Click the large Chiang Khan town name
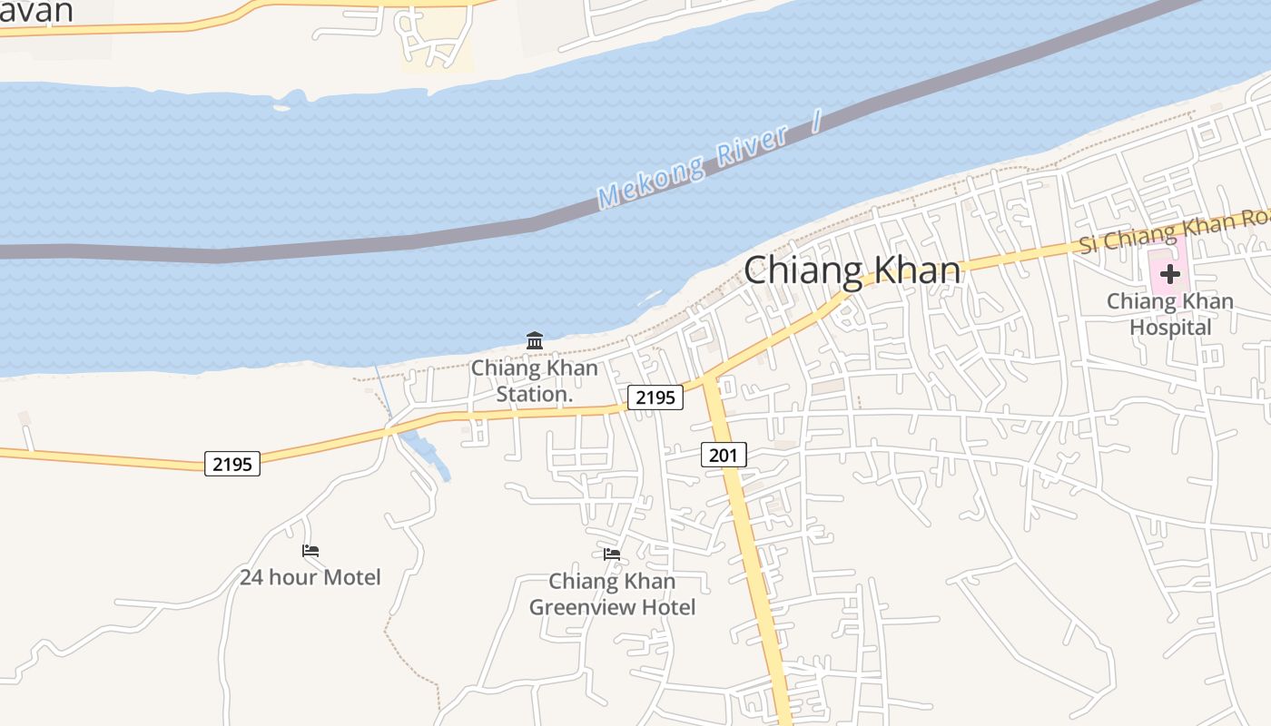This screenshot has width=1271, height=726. tap(852, 270)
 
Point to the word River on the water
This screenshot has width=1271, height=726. tap(751, 144)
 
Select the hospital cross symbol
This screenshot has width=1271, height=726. tap(1169, 273)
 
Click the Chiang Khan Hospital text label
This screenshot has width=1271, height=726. tap(1170, 314)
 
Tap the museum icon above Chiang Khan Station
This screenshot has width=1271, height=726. tap(535, 341)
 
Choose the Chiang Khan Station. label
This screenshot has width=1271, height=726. tap(534, 381)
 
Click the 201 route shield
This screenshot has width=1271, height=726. tap(724, 455)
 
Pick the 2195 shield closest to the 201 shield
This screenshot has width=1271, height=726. tap(655, 397)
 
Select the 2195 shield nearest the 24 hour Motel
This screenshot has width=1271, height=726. tap(232, 464)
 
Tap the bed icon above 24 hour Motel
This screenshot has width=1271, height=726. tap(310, 551)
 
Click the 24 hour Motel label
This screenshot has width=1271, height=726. tap(310, 577)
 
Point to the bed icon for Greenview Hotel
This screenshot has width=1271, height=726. tap(612, 554)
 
